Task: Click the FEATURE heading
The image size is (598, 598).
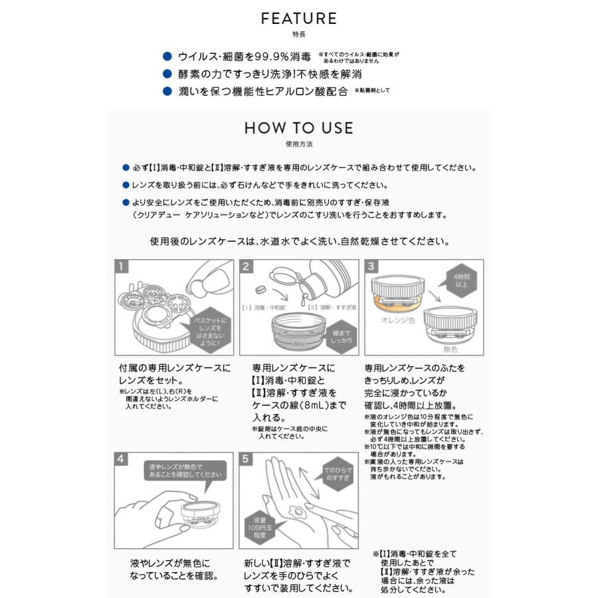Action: tap(298, 19)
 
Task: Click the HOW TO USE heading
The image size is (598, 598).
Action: tap(298, 128)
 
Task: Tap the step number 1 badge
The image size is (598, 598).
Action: tap(122, 267)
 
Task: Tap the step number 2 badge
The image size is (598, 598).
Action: tap(247, 267)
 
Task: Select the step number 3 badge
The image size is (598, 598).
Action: tap(371, 267)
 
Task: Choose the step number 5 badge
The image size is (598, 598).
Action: tap(247, 460)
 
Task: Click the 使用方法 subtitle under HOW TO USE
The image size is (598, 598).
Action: tap(298, 143)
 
